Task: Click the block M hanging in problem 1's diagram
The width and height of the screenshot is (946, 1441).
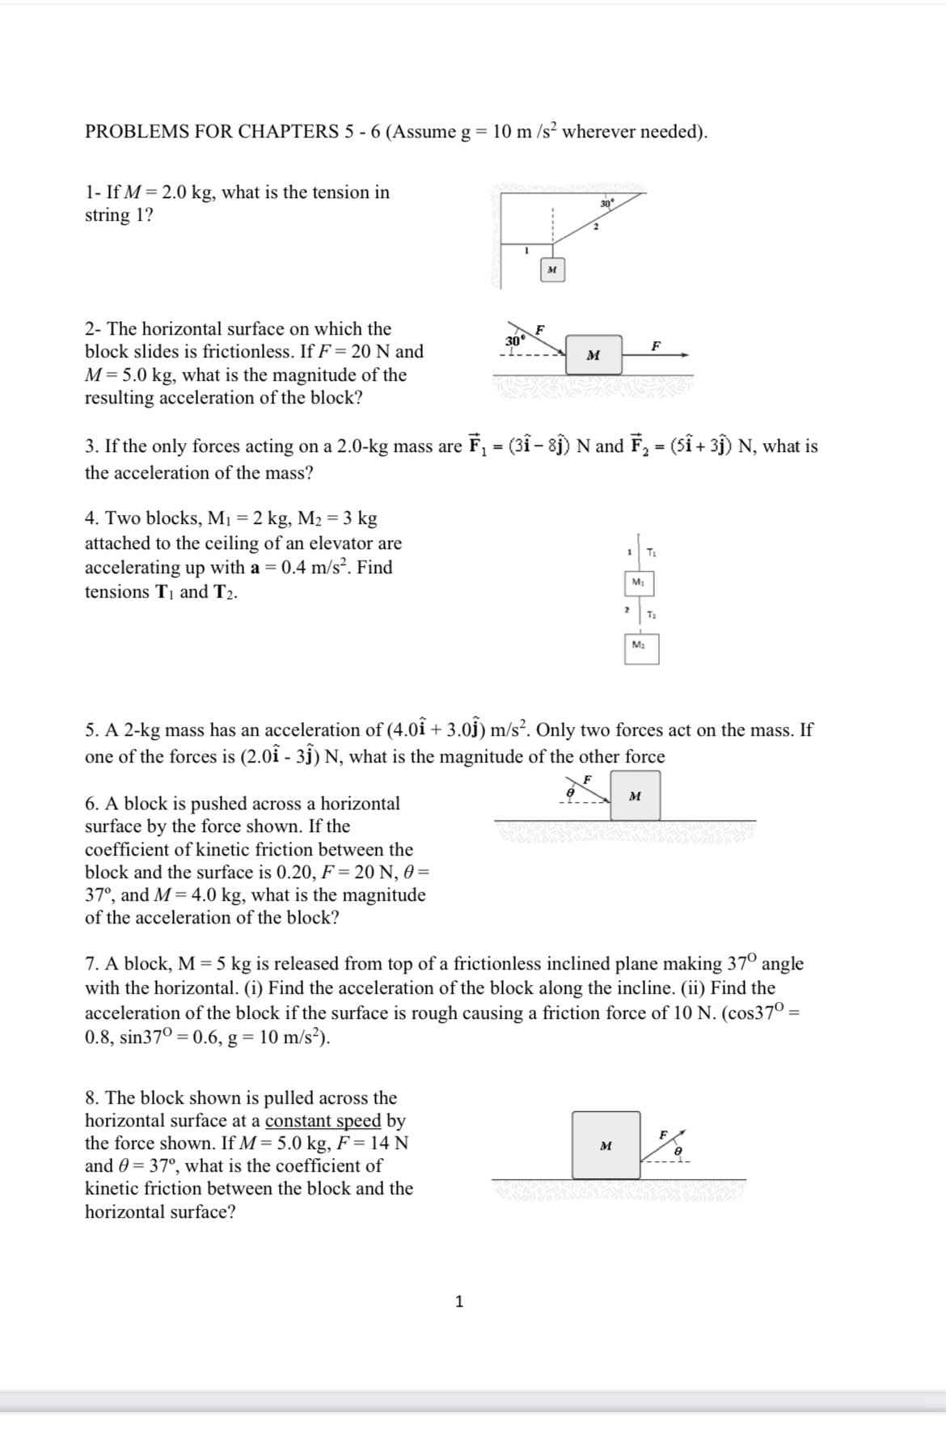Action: [x=552, y=269]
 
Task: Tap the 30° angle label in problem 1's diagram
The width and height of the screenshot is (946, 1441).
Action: [x=607, y=204]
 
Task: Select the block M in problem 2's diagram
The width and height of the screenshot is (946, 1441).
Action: [x=593, y=355]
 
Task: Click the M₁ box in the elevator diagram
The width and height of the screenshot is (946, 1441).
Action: [x=639, y=583]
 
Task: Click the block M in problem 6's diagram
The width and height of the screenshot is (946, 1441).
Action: [x=635, y=796]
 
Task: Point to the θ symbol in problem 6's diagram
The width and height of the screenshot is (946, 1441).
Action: [x=570, y=795]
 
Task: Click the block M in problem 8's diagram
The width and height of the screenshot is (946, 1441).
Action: [x=606, y=1145]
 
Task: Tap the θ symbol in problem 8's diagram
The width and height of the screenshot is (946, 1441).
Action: [x=678, y=1151]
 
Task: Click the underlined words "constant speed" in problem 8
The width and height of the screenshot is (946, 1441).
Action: [x=323, y=1121]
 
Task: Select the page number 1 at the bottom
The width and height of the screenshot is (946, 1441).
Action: [x=459, y=1301]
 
